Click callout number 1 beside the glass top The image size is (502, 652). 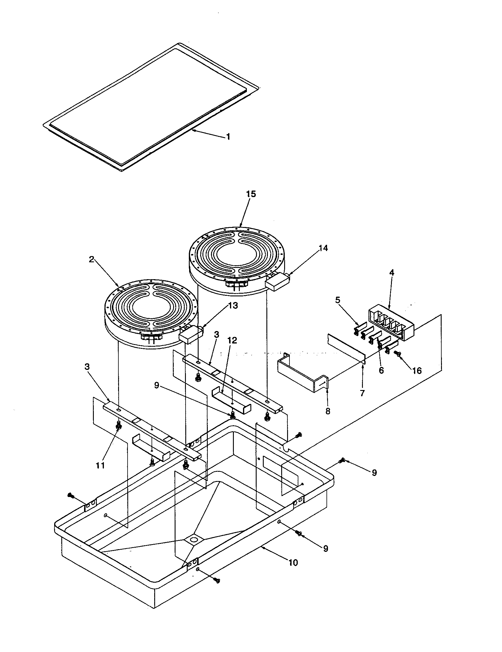point(228,137)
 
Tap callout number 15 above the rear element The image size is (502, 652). point(251,194)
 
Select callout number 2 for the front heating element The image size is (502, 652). point(92,259)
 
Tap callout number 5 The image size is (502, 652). point(337,300)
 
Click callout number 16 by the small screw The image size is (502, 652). point(417,371)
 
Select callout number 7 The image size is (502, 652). point(362,393)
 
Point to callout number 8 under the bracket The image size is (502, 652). point(328,411)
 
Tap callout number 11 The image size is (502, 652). point(100,465)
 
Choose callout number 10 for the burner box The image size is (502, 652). point(293,563)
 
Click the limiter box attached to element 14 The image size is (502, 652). point(277,282)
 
